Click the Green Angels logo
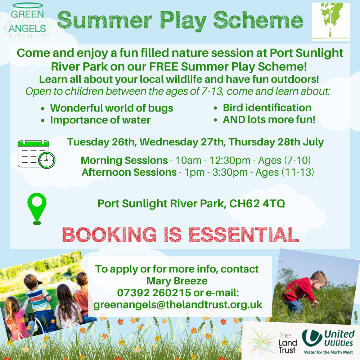coord(27,21)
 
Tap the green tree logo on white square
coord(331,22)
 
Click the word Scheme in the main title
coord(258,20)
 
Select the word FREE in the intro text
coord(163,67)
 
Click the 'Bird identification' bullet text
coord(267,108)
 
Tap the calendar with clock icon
coord(36,154)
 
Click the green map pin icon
coord(37,209)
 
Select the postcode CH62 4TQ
coord(257,203)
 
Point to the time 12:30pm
coord(230,160)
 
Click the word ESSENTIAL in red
coord(244,235)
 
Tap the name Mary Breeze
coord(177,281)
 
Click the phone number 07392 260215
coord(154,293)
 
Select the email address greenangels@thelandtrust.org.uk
coord(178,305)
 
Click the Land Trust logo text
coord(288,343)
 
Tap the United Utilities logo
coord(328,342)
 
